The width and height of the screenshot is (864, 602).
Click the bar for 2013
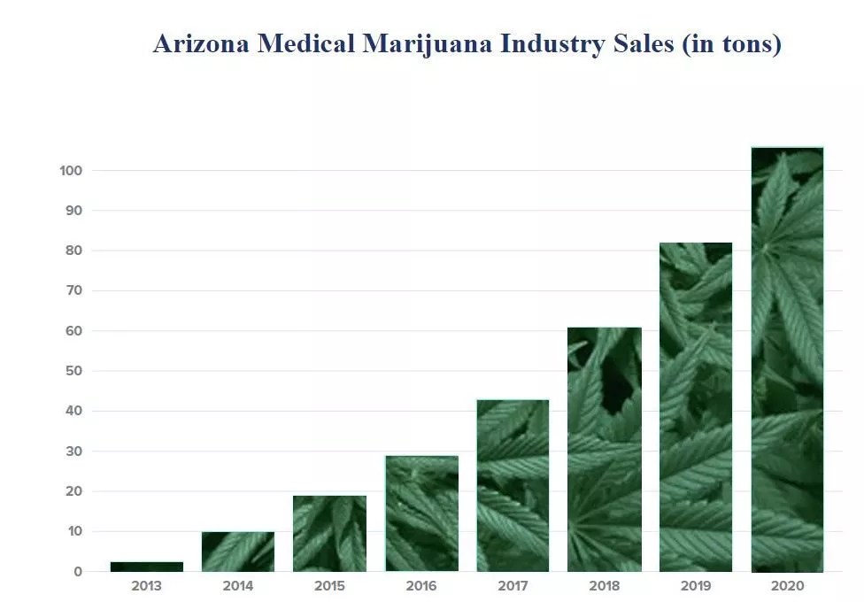(x=146, y=567)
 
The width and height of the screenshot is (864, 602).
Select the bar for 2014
(x=238, y=552)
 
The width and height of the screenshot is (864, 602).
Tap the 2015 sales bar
(x=329, y=533)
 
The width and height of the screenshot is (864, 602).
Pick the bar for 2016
(x=421, y=513)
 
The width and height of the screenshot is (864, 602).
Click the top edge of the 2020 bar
(x=787, y=148)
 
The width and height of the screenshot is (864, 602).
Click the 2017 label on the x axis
(x=513, y=586)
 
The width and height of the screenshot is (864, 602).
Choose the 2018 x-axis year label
(x=605, y=586)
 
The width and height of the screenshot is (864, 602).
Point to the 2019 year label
(x=696, y=586)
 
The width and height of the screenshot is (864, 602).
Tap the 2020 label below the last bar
(x=787, y=586)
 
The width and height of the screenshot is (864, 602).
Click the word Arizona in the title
(x=202, y=43)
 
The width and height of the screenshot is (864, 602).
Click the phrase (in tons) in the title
(x=731, y=43)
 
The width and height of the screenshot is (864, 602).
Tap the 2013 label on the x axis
(x=146, y=586)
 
